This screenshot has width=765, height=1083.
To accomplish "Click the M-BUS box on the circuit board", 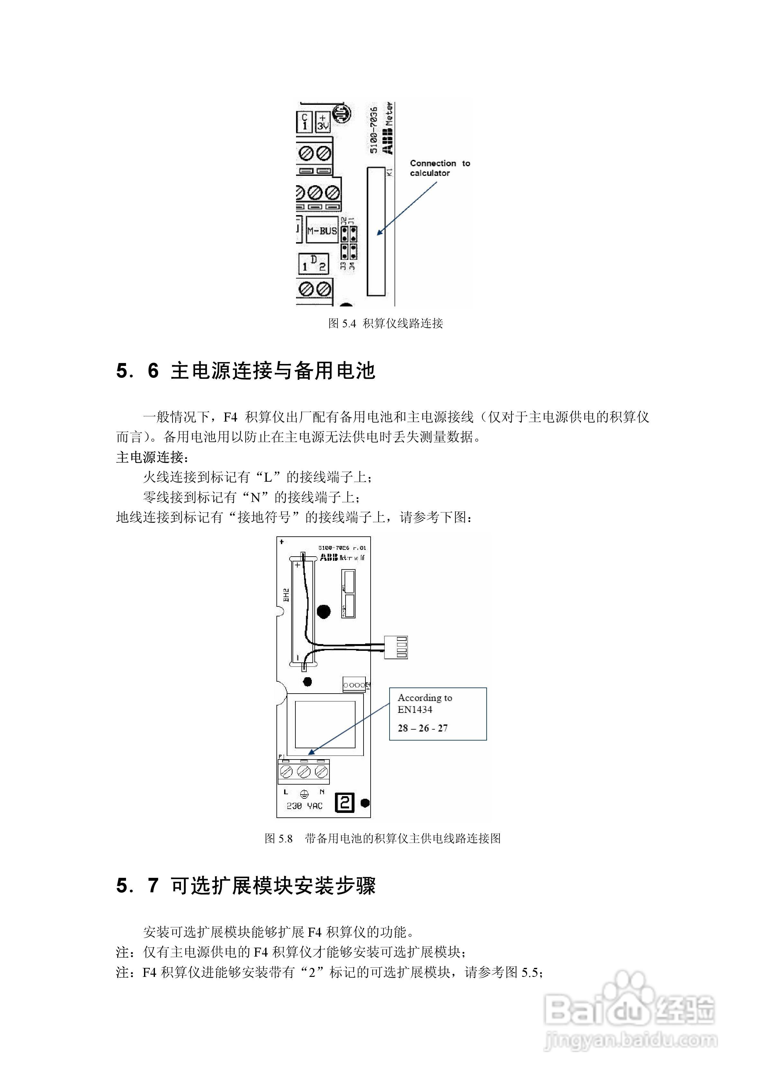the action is click(322, 230).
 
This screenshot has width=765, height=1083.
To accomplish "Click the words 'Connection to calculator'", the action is click(440, 168).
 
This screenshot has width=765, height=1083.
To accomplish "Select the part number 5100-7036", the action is click(373, 130).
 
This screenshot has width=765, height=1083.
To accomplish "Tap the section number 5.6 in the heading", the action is click(137, 371).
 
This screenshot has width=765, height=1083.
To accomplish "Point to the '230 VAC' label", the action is click(304, 806).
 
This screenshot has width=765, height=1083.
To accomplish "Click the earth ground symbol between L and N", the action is click(304, 793).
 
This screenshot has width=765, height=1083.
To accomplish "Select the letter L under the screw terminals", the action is click(286, 792).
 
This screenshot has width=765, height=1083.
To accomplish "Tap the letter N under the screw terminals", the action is click(322, 792).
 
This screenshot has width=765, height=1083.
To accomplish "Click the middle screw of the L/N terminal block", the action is click(304, 772).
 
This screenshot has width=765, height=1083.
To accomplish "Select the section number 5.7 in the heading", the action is click(137, 885).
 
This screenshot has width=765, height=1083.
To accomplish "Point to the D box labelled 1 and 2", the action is click(313, 264).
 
